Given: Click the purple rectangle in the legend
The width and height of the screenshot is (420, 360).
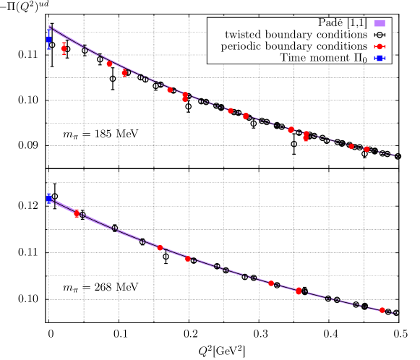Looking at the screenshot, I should pyautogui.click(x=380, y=23).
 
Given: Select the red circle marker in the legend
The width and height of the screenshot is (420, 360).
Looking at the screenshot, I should pyautogui.click(x=380, y=46).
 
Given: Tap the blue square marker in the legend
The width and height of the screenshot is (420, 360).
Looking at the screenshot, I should pyautogui.click(x=380, y=58).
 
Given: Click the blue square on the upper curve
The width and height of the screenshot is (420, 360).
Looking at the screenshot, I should pyautogui.click(x=48, y=39).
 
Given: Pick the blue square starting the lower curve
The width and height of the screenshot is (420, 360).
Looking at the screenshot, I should pyautogui.click(x=48, y=197).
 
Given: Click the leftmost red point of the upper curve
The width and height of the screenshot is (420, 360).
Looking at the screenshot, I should pyautogui.click(x=64, y=48).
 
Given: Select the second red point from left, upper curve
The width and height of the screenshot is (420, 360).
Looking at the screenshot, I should pyautogui.click(x=109, y=64).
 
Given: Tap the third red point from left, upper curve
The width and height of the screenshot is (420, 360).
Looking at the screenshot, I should pyautogui.click(x=124, y=72).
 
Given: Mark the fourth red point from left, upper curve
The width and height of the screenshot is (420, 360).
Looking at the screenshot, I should pyautogui.click(x=170, y=90).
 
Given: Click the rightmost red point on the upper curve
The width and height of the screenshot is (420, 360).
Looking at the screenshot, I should pyautogui.click(x=367, y=149).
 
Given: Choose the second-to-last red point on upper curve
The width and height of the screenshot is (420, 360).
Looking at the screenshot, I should pyautogui.click(x=351, y=146).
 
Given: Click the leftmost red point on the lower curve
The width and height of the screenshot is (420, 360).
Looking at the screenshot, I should pyautogui.click(x=77, y=214).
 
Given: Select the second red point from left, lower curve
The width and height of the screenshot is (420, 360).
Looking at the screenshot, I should pyautogui.click(x=160, y=248).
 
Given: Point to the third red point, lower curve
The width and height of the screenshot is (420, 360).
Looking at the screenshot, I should pyautogui.click(x=188, y=259).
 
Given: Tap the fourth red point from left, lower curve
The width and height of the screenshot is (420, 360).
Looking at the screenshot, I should pyautogui.click(x=271, y=283).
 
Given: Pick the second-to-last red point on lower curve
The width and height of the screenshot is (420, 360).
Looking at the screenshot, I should pyautogui.click(x=299, y=291).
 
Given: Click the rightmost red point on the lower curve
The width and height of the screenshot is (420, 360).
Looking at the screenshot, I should pyautogui.click(x=382, y=310).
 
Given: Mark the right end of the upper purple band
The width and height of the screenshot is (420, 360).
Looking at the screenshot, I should pyautogui.click(x=395, y=155).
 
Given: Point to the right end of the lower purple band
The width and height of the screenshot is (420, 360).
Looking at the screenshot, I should pyautogui.click(x=395, y=313).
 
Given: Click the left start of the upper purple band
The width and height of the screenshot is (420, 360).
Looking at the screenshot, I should pyautogui.click(x=49, y=27).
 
